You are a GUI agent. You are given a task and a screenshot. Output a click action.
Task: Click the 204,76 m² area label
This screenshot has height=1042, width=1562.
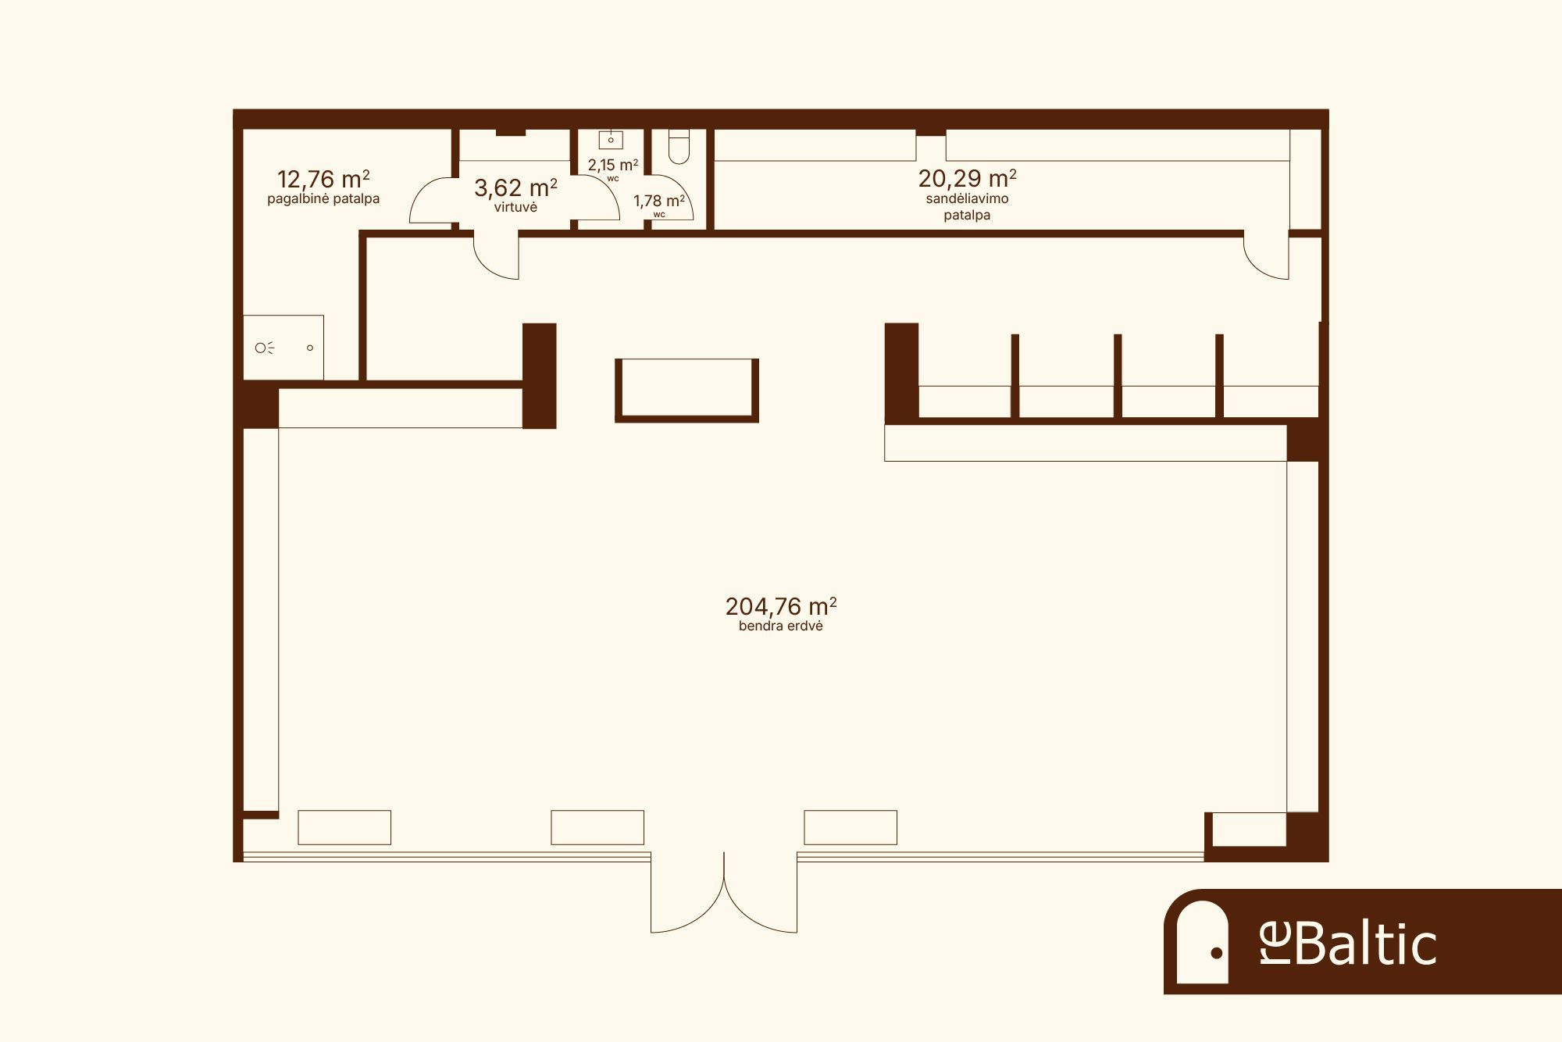coord(781,606)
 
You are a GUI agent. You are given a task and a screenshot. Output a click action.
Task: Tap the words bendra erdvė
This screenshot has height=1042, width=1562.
coord(781,626)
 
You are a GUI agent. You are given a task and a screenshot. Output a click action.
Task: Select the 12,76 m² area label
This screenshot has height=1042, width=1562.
coord(323,179)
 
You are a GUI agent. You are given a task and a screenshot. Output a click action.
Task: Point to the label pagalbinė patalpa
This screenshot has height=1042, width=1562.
coord(323,198)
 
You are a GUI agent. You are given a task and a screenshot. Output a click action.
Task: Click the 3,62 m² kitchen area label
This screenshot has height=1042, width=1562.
coord(515,187)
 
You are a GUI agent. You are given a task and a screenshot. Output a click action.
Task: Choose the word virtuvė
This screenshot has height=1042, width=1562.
coord(515,207)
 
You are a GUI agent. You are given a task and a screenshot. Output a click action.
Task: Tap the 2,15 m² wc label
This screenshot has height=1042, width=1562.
coord(613,165)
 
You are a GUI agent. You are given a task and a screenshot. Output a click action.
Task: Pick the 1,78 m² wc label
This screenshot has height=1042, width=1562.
coord(659,201)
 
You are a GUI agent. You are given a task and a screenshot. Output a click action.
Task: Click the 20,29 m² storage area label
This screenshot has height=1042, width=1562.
coord(967,178)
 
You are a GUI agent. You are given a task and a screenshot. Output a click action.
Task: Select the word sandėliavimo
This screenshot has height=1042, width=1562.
coord(967,198)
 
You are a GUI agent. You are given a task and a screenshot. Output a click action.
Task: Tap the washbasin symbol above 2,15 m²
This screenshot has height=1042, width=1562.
coord(611,139)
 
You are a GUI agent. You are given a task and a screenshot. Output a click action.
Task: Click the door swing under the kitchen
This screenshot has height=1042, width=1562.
coord(496,255)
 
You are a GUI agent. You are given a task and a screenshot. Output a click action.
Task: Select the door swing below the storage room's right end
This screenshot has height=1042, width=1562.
coord(1266,255)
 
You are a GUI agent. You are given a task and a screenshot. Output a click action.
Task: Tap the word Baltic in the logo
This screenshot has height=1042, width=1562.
coord(1366,944)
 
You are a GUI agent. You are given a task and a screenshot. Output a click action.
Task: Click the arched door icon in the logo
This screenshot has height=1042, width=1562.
coord(1203,942)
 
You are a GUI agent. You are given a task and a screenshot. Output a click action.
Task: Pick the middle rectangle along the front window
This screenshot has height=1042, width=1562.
coord(597,827)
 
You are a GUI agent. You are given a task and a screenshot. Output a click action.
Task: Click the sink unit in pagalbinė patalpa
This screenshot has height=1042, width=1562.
coord(283,348)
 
